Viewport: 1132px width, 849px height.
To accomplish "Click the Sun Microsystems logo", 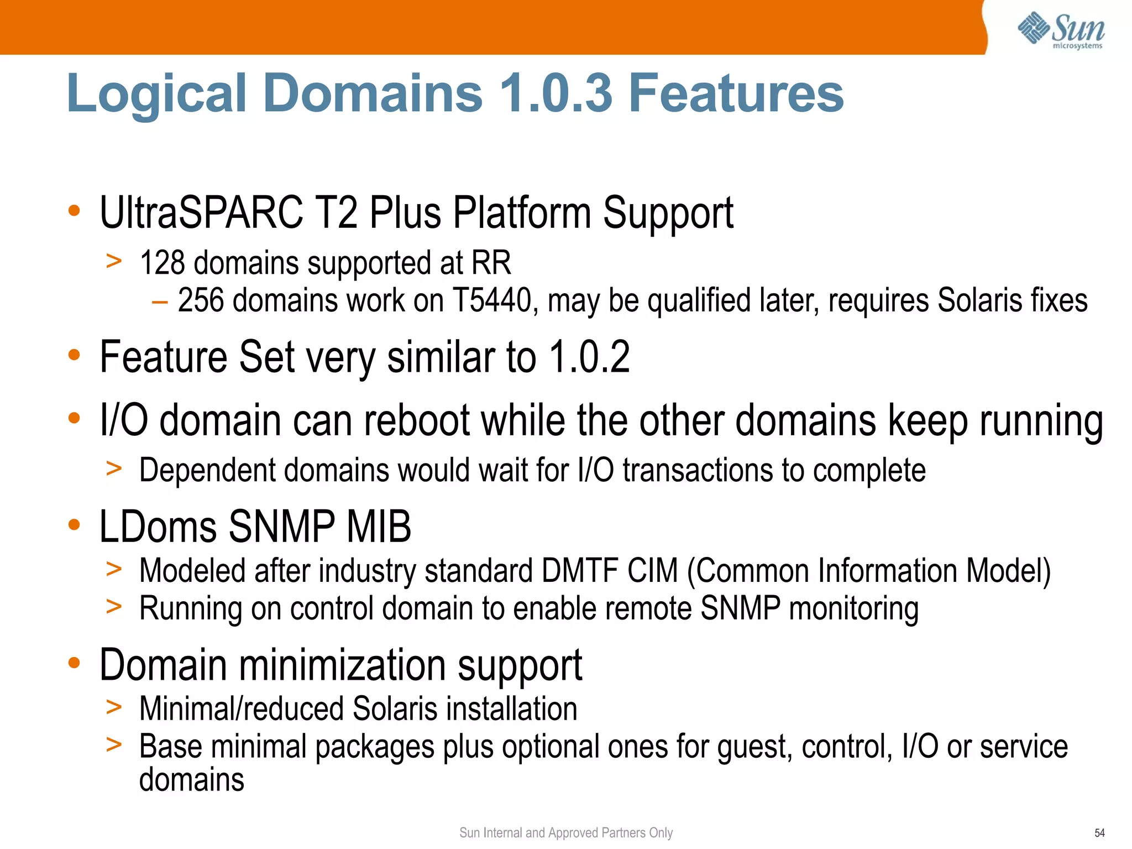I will (1061, 31).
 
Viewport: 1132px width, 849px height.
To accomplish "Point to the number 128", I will (162, 263).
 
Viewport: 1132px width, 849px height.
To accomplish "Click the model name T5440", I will (492, 301).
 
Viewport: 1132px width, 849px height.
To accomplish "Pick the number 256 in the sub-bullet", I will (201, 301).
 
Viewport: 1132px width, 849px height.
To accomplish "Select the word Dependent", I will (207, 471).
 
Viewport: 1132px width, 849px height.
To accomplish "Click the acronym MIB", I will (379, 527).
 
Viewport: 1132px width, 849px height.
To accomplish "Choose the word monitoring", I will (854, 609).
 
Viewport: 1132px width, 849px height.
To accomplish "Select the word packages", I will (375, 747).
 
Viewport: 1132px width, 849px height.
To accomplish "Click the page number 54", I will (1099, 833).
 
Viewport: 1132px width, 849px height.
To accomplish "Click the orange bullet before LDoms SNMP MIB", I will (74, 524).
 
